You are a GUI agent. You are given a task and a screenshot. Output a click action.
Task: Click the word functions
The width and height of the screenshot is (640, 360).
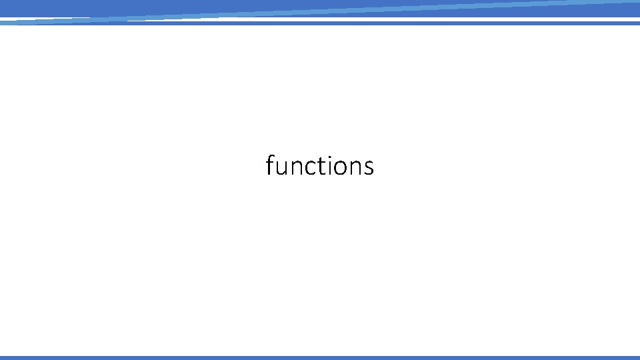pos(319,165)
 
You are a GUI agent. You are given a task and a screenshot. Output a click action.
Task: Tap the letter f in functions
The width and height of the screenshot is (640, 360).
pos(270,165)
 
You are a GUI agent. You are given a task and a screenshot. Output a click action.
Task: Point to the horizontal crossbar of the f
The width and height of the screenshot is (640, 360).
pos(270,161)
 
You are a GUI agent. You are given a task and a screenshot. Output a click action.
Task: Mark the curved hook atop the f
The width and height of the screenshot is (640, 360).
pos(272,155)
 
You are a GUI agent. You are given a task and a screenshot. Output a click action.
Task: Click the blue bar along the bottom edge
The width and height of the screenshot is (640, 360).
pos(320,358)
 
